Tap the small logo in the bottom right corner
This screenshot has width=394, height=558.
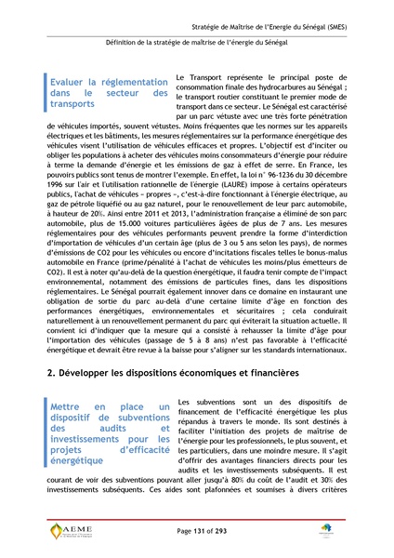pyautogui.click(x=350, y=532)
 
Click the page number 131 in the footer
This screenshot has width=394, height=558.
pyautogui.click(x=197, y=530)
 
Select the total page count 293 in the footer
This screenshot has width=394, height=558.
pyautogui.click(x=222, y=530)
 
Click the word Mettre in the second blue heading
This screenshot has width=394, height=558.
pyautogui.click(x=71, y=380)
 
